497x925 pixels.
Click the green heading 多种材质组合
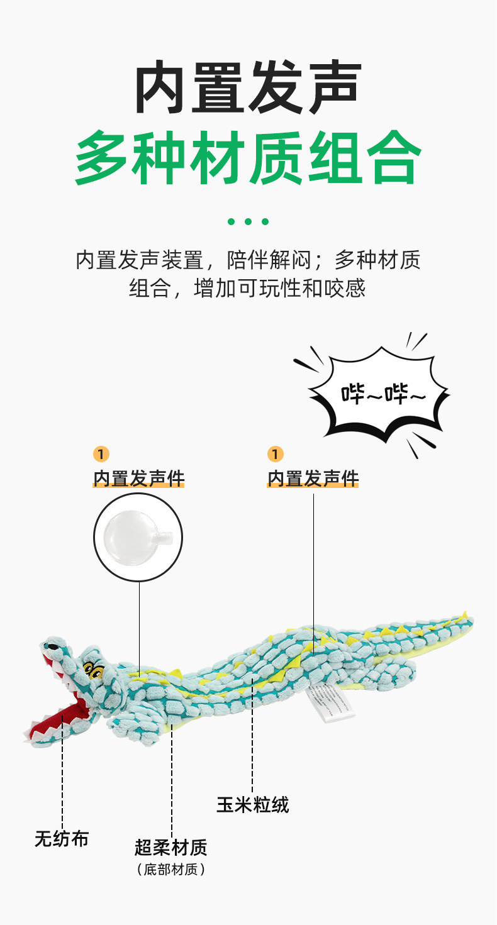(x=248, y=157)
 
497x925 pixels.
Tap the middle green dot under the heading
(x=248, y=221)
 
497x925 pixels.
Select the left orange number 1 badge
(x=101, y=454)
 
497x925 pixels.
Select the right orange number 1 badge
(x=275, y=454)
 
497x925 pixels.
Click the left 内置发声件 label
(x=139, y=479)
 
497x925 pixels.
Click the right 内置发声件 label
(x=313, y=479)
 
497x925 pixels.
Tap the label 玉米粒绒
(x=252, y=805)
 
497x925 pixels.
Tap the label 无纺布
(x=62, y=838)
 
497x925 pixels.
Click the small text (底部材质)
(x=170, y=870)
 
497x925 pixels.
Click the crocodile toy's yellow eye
(x=94, y=670)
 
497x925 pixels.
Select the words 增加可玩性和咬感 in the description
(x=280, y=289)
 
